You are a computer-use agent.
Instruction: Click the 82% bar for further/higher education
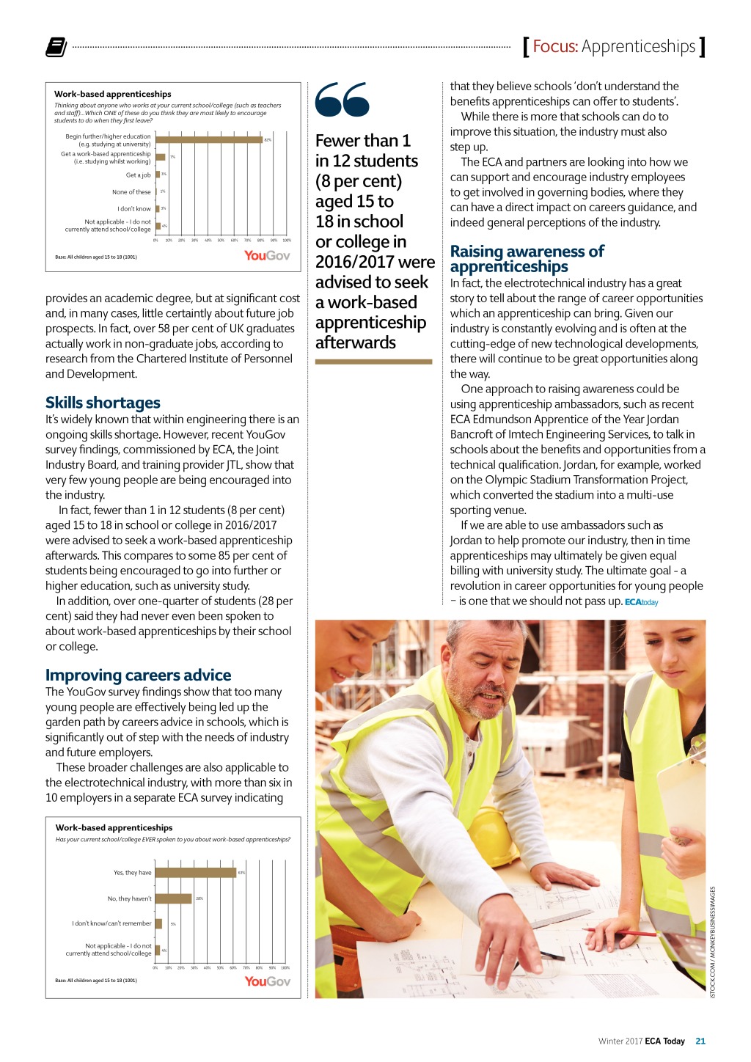click(209, 139)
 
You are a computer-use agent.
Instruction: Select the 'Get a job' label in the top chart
click(138, 175)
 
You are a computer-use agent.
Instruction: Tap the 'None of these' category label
click(131, 192)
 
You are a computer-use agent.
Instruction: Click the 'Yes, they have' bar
click(195, 873)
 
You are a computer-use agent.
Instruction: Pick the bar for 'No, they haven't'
click(173, 898)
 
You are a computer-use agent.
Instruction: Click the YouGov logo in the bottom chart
click(267, 981)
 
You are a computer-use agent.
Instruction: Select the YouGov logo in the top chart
click(267, 255)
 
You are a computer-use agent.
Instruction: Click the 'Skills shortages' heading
click(103, 403)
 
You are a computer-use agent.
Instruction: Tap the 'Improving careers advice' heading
click(138, 675)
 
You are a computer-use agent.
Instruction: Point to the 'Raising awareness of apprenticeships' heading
click(527, 259)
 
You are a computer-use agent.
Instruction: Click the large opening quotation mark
click(342, 100)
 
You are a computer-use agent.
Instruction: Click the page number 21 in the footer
click(700, 1041)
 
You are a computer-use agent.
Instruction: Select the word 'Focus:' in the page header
click(555, 47)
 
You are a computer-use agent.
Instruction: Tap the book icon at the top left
click(56, 47)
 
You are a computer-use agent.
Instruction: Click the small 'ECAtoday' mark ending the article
click(641, 602)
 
